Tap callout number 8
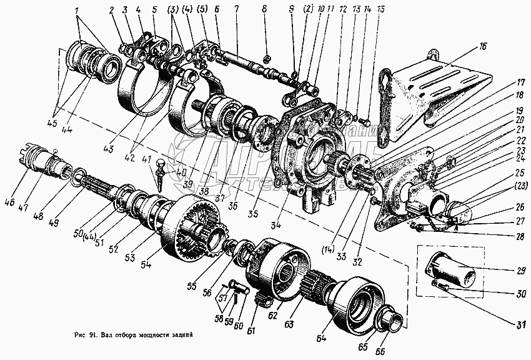[x=264, y=9]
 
